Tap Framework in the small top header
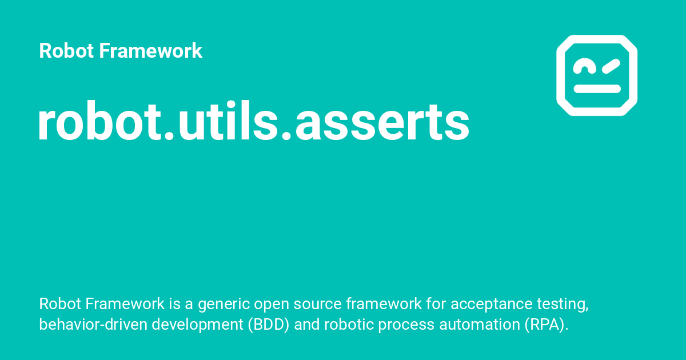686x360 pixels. pos(150,51)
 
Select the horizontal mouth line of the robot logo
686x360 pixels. pos(597,89)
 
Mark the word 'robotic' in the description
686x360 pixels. pos(349,325)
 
